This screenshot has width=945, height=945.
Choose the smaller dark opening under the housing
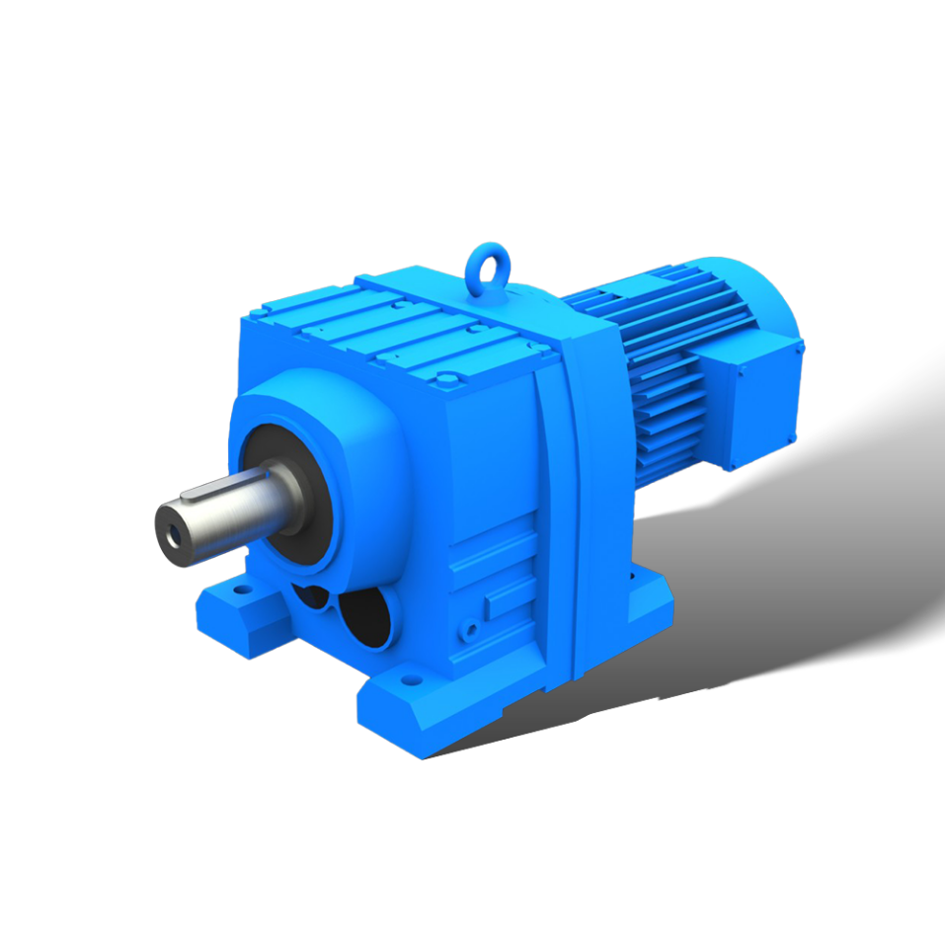click(311, 597)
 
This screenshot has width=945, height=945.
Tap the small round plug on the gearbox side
click(471, 627)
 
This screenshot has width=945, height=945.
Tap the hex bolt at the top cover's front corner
click(445, 376)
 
